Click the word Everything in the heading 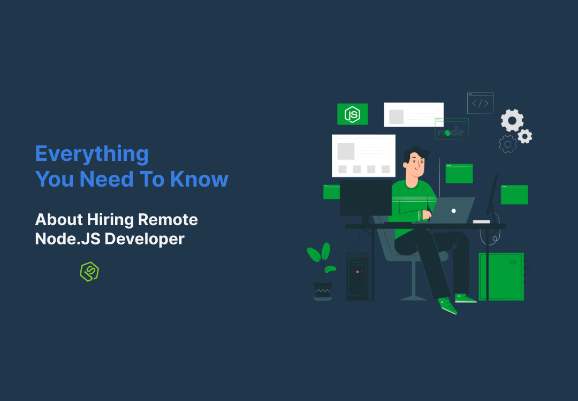point(92,155)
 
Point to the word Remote point(168,219)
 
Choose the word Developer point(144,239)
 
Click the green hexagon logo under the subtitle point(89,272)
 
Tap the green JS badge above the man point(352,114)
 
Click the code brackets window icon point(480,103)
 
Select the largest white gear point(512,120)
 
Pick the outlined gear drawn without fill point(507,144)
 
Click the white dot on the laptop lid point(454,211)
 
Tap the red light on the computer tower point(358,272)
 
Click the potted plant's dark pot point(323,290)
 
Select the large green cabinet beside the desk point(500,276)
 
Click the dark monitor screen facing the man point(366,198)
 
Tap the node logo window point(452,130)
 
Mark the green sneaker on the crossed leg point(447,305)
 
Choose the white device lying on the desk point(481,221)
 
